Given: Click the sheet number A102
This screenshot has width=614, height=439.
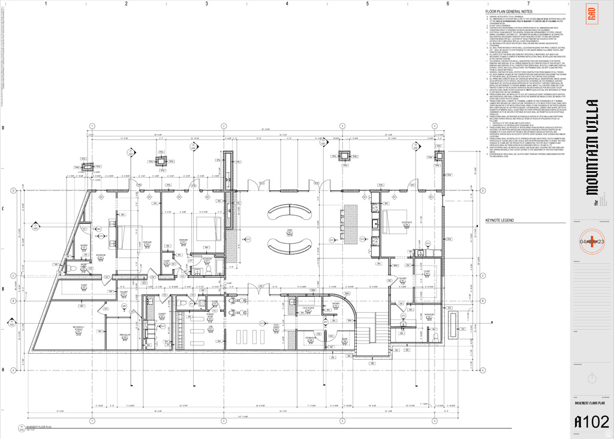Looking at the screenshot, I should [591, 423].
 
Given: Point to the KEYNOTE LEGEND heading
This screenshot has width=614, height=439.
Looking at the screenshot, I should [499, 221].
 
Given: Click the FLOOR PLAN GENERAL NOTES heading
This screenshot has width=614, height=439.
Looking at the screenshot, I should [509, 11].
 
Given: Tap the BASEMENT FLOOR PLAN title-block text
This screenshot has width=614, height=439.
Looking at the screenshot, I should [591, 404].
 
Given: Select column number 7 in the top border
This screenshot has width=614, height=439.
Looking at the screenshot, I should [528, 4].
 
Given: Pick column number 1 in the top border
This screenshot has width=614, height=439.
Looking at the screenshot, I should [46, 4].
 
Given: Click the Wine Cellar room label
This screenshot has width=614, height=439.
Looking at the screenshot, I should [125, 335].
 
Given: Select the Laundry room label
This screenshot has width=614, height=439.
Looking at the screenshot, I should [162, 315].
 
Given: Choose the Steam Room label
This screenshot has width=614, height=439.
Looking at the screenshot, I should [310, 338].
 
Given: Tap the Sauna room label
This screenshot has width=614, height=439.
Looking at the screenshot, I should [344, 339].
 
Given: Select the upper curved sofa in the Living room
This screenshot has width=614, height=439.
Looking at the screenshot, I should [290, 213].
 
